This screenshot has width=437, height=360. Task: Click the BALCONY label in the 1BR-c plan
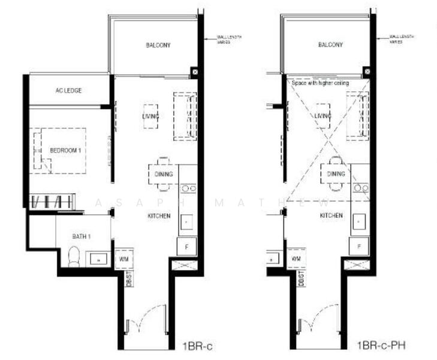pos(158,45)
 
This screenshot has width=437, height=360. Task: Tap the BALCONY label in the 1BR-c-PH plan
pos(330,45)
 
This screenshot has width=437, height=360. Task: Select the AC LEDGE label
pos(68,91)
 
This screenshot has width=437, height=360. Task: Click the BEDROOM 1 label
pos(65,151)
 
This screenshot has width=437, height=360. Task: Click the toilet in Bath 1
pos(73,257)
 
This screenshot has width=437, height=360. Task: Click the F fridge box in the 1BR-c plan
pos(186,246)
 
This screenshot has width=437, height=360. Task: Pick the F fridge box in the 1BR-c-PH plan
pos(358,246)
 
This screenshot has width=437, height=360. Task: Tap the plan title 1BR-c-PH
pos(379,346)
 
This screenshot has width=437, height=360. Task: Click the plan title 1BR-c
pos(197,346)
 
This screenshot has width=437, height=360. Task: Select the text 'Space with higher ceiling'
pos(320,83)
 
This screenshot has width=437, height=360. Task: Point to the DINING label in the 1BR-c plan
pos(163,174)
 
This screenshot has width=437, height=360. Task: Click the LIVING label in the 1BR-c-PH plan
pos(323,116)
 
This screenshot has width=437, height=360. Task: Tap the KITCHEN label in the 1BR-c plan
pos(158,215)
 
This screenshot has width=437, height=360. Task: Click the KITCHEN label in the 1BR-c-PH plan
pos(331,215)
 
